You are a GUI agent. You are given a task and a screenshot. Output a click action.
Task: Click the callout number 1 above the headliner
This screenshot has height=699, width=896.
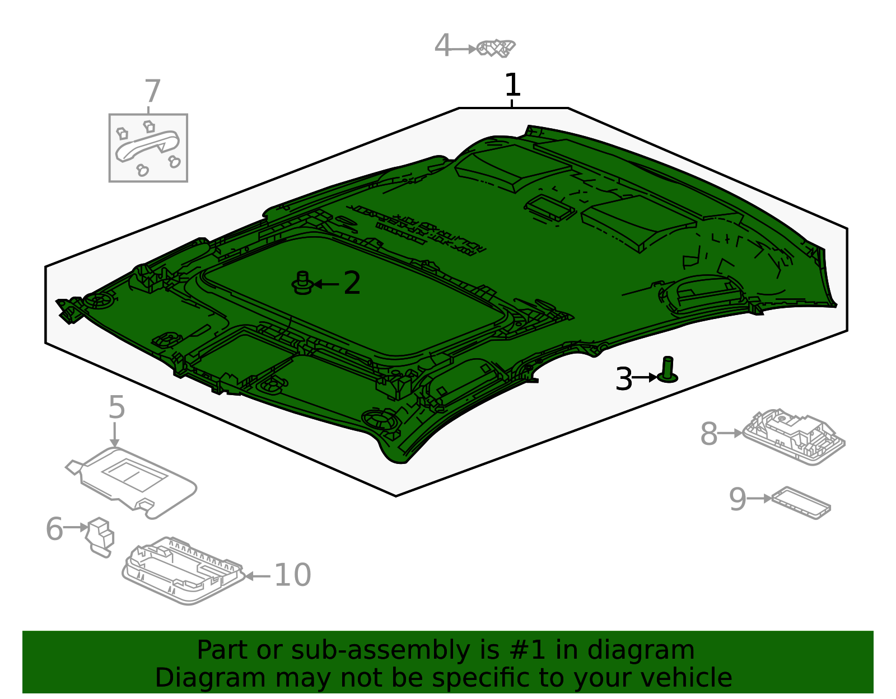point(512,85)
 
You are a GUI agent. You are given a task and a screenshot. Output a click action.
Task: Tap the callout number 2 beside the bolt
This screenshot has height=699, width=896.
point(352,283)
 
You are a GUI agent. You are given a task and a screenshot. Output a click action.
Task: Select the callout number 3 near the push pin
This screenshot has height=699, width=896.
point(623,379)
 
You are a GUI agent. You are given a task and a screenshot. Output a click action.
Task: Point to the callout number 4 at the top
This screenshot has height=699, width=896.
point(442,45)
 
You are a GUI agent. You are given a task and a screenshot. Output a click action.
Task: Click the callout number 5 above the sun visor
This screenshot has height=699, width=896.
point(116,407)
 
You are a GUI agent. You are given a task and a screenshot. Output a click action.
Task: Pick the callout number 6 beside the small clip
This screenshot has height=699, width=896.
point(54,529)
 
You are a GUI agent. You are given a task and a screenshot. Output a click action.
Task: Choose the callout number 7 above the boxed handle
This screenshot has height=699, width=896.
point(152,91)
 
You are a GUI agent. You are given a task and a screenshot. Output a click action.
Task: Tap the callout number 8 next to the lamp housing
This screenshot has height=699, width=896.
point(709,434)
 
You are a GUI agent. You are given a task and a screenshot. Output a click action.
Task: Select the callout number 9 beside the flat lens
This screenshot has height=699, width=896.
point(738,499)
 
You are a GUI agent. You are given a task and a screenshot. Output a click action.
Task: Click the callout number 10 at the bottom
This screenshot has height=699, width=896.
point(292,575)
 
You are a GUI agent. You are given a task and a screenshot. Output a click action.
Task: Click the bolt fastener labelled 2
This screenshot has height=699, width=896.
point(302,283)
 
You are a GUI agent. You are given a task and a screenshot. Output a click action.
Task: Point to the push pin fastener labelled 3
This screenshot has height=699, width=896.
point(667,370)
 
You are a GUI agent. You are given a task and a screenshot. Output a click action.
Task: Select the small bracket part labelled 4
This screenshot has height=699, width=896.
point(496,48)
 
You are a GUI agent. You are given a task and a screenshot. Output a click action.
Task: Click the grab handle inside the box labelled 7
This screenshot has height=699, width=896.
point(147,146)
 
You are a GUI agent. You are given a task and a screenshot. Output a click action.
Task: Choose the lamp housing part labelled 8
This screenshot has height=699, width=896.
point(794,438)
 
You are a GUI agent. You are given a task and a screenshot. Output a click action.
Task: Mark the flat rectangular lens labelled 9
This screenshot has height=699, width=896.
point(801,503)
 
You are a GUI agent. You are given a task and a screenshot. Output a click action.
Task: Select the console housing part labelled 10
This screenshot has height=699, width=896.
point(184,571)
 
